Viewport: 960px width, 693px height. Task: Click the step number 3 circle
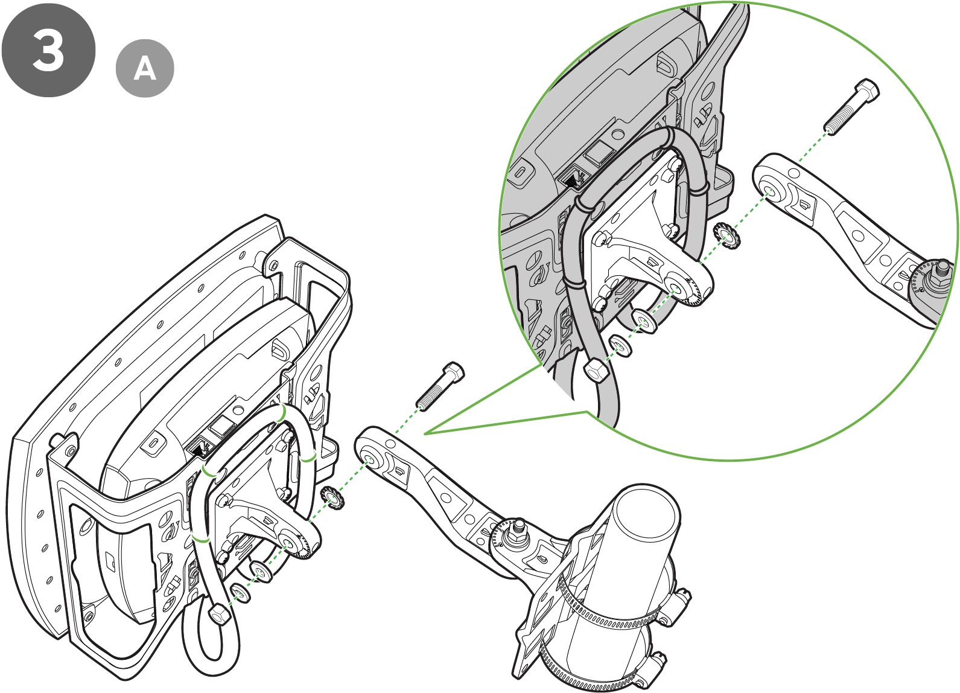[x=48, y=49]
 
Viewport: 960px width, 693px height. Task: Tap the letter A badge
[x=145, y=69]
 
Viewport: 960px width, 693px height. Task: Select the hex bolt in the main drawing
[x=440, y=386]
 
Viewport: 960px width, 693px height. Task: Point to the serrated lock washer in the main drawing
[x=332, y=497]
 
